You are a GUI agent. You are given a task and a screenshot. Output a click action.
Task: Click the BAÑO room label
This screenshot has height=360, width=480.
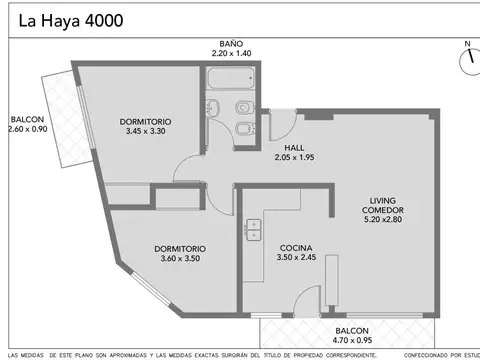[x=232, y=45]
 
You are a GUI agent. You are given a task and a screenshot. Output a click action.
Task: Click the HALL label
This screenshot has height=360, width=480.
[x=294, y=147]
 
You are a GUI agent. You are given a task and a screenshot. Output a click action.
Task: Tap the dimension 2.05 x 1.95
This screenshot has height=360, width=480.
[x=294, y=157]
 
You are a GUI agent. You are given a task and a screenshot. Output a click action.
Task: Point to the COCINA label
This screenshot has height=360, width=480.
[x=296, y=248]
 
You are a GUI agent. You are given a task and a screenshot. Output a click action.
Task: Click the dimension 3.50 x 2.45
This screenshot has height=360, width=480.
[x=296, y=258]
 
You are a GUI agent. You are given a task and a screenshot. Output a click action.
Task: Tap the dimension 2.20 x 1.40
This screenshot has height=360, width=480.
[x=232, y=55]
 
